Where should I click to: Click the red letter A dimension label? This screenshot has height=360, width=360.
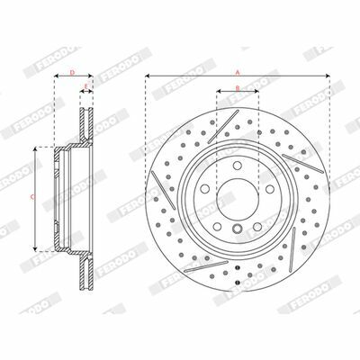coord(238,72)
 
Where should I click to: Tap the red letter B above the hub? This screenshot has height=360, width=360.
coord(238,88)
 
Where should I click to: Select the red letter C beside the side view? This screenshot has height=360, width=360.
coord(32,197)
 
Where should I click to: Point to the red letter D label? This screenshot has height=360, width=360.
coord(72,72)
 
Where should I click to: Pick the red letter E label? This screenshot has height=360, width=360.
coord(86,87)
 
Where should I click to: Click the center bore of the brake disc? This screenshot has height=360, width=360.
coord(238,195)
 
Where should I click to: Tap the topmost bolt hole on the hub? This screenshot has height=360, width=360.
coord(238,166)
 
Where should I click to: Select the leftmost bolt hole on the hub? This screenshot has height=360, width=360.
coord(205,189)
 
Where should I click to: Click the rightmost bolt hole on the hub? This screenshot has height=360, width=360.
coord(270,189)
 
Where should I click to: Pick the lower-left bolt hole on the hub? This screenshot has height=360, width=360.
coord(218,227)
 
